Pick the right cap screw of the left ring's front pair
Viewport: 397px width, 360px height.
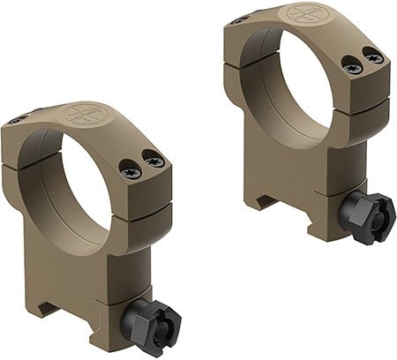(154, 161)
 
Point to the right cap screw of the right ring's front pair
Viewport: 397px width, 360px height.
(373, 58)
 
